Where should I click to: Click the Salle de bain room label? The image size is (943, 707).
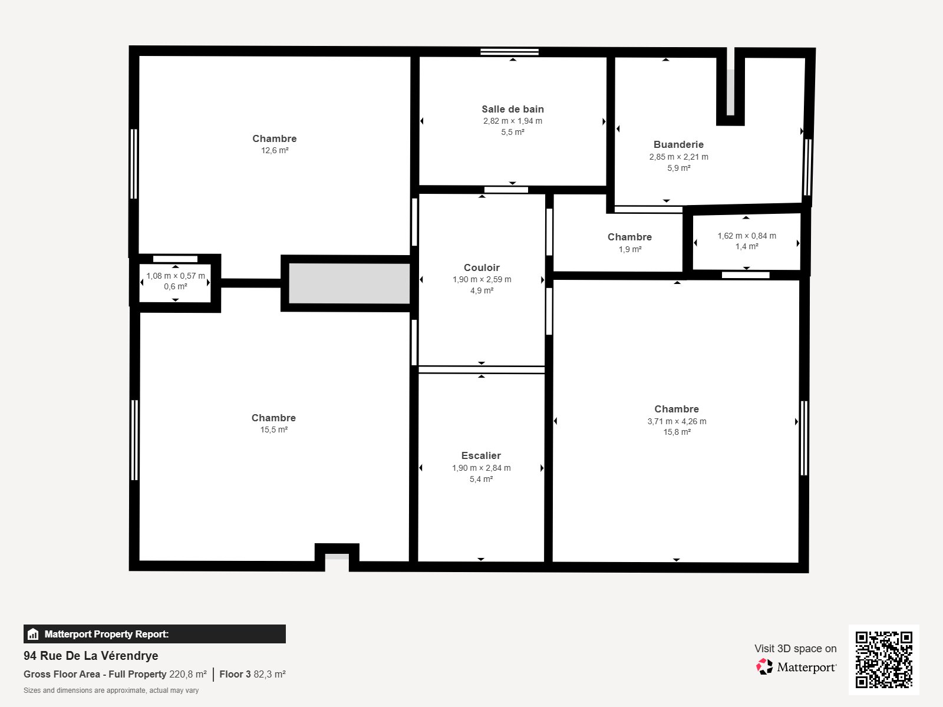pyautogui.click(x=512, y=109)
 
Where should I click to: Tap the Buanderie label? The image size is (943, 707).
pyautogui.click(x=678, y=144)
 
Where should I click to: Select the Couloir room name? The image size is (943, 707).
pyautogui.click(x=482, y=267)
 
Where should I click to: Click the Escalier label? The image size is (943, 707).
pyautogui.click(x=481, y=455)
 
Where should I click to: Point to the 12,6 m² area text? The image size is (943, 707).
pyautogui.click(x=275, y=150)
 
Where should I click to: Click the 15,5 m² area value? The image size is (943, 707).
pyautogui.click(x=274, y=430)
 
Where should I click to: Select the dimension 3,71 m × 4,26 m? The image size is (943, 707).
pyautogui.click(x=677, y=421)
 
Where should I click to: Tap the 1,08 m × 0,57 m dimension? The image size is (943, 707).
pyautogui.click(x=176, y=276)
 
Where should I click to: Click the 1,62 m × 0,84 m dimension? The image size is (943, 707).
pyautogui.click(x=746, y=236)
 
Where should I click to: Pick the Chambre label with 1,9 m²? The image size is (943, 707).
pyautogui.click(x=629, y=237)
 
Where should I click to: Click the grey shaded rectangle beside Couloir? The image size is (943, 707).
pyautogui.click(x=349, y=283)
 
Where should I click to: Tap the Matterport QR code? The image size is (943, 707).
pyautogui.click(x=883, y=659)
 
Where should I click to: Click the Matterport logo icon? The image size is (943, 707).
pyautogui.click(x=764, y=666)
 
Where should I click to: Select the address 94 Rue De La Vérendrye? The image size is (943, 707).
pyautogui.click(x=91, y=656)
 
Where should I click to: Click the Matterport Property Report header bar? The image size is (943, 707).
pyautogui.click(x=154, y=634)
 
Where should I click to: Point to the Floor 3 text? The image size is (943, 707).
pyautogui.click(x=235, y=674)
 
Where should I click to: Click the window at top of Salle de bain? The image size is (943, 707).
pyautogui.click(x=509, y=52)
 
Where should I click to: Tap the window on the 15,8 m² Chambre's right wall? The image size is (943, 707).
pyautogui.click(x=804, y=438)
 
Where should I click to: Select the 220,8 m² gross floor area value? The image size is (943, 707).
pyautogui.click(x=187, y=674)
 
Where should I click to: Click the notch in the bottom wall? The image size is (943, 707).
pyautogui.click(x=337, y=557)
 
